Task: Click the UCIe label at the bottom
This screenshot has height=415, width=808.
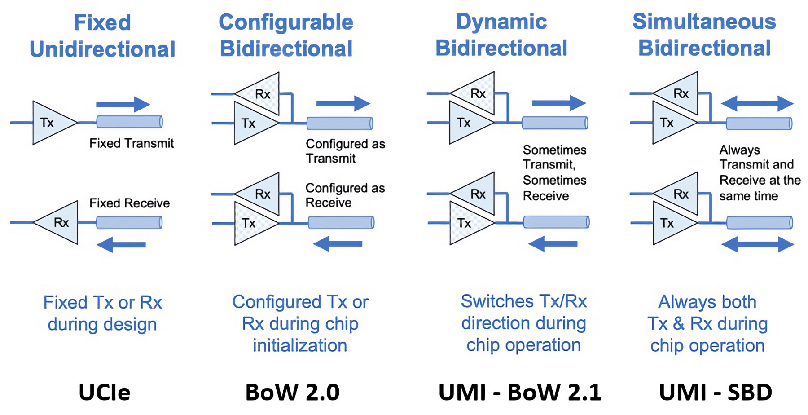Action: point(104,392)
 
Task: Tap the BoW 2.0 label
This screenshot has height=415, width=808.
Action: point(292,392)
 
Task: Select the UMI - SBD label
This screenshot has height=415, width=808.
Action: point(716,392)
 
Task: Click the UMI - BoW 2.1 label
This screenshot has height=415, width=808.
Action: point(519,392)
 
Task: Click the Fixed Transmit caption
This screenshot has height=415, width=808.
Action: point(131,143)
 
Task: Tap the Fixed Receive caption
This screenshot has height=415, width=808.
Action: point(129,203)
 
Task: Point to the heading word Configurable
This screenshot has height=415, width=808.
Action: point(286,22)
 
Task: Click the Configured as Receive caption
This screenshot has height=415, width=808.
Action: point(345,195)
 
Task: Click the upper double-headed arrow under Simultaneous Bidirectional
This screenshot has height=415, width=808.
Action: point(757,103)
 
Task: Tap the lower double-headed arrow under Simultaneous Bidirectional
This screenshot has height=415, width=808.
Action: point(757,244)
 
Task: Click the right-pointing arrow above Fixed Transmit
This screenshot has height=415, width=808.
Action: point(123,104)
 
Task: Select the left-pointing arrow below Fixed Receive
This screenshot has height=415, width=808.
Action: point(121,245)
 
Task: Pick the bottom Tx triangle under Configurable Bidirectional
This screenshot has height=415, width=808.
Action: point(251,223)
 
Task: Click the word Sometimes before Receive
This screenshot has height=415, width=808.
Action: point(554,180)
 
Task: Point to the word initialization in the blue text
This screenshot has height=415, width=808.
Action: point(300,345)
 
